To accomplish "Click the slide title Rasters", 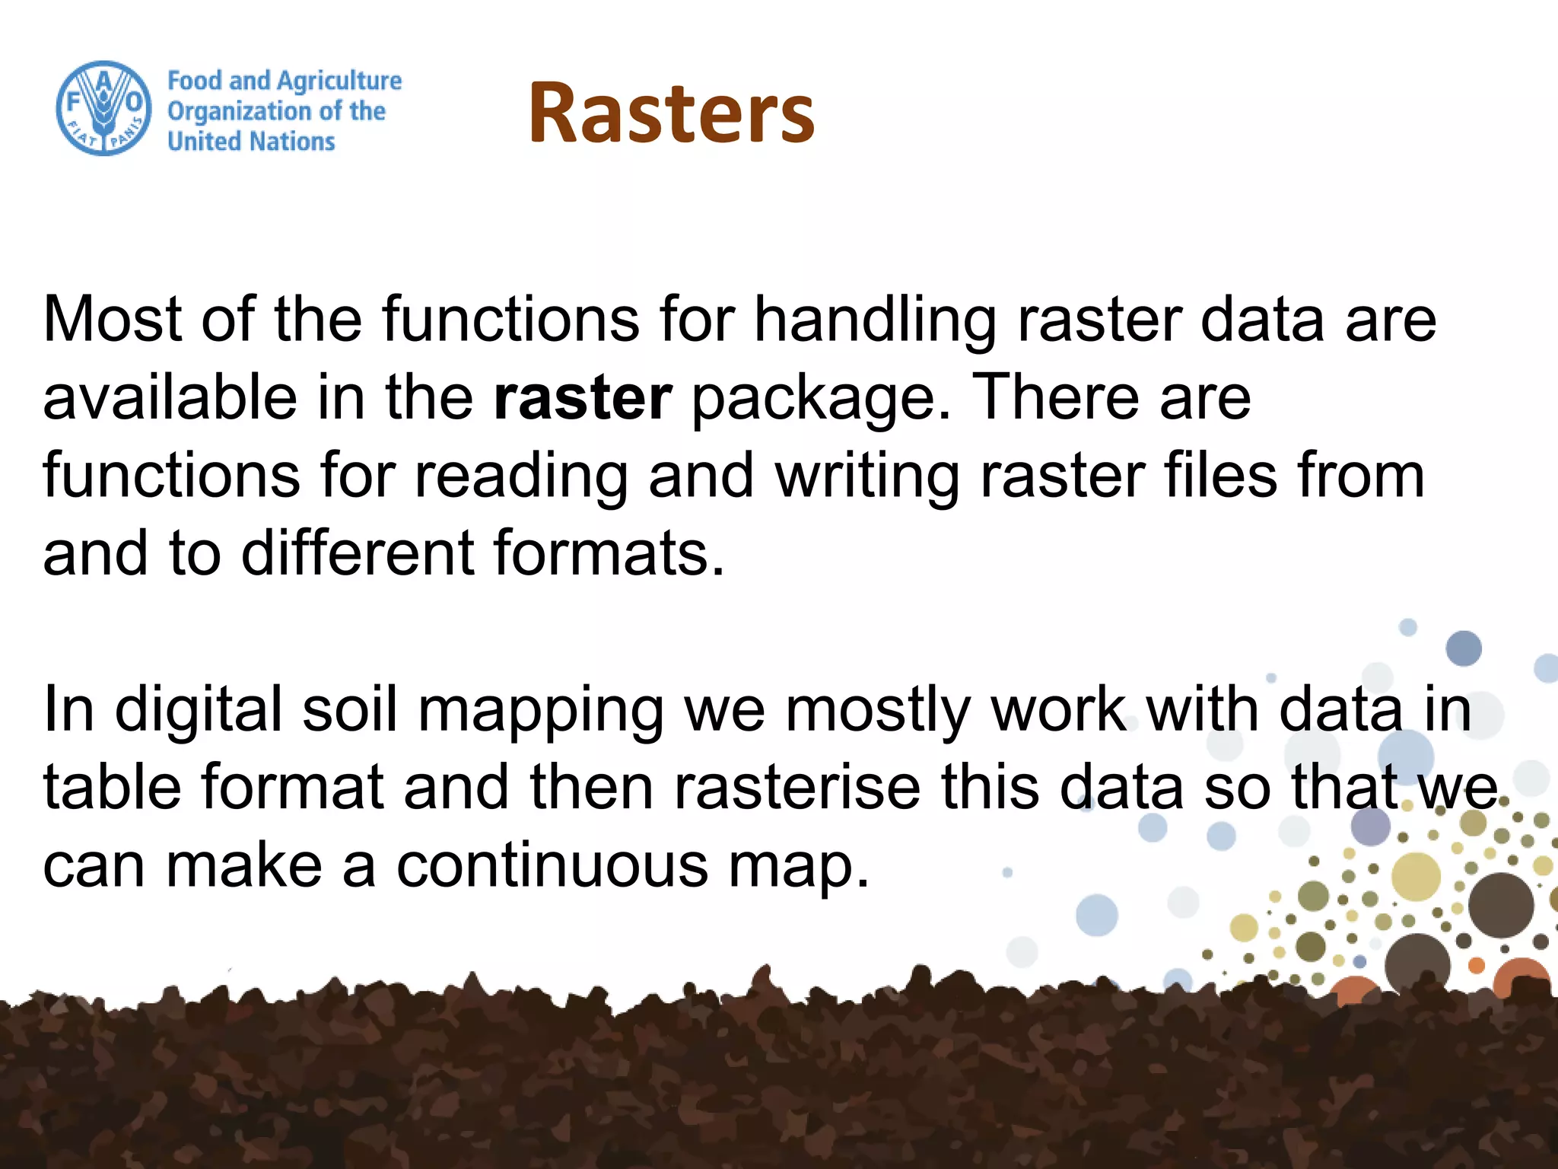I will pyautogui.click(x=671, y=113).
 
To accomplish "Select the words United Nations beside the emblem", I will pyautogui.click(x=251, y=142).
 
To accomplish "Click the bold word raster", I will pyautogui.click(x=582, y=397).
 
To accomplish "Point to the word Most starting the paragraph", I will pyautogui.click(x=112, y=318).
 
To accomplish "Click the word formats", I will pyautogui.click(x=609, y=553).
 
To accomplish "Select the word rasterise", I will pyautogui.click(x=796, y=787).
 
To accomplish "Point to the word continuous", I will pyautogui.click(x=552, y=866).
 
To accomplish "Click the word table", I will pyautogui.click(x=112, y=787).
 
